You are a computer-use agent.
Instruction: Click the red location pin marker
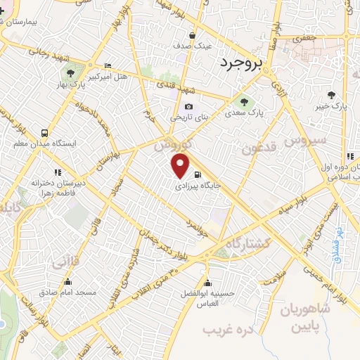pyautogui.click(x=181, y=166)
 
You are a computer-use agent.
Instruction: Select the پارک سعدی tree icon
pyautogui.click(x=245, y=100)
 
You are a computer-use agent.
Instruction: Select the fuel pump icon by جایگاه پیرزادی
pyautogui.click(x=197, y=176)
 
